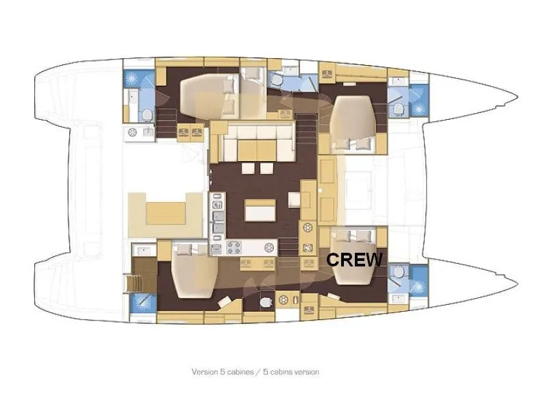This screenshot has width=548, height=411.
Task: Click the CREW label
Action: click(x=354, y=260)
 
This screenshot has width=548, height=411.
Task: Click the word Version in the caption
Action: click(x=204, y=372)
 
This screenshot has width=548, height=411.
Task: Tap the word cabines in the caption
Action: click(x=240, y=372)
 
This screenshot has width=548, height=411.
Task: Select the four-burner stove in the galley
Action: click(x=233, y=248)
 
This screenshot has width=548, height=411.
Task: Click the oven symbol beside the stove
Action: click(x=216, y=249)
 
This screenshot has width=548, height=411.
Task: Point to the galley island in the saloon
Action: click(x=260, y=210)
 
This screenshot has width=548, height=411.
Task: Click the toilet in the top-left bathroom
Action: click(x=147, y=115)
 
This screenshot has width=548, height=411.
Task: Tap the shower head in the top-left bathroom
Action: click(x=131, y=78)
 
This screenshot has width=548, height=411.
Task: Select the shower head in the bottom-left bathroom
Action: click(x=143, y=303)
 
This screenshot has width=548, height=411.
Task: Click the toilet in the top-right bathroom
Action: click(x=399, y=110)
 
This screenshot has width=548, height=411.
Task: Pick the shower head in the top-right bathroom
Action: click(x=418, y=110)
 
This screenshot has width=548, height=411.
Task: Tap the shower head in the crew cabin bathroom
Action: click(x=418, y=287)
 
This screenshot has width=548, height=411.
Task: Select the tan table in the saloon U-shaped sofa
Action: click(x=257, y=150)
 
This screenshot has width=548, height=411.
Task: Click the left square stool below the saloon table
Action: click(x=248, y=169)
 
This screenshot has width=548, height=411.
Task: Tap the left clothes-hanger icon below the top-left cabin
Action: click(x=184, y=132)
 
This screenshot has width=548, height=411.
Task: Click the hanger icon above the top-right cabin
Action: click(x=327, y=74)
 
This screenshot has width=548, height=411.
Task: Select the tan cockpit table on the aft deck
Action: click(x=166, y=213)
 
